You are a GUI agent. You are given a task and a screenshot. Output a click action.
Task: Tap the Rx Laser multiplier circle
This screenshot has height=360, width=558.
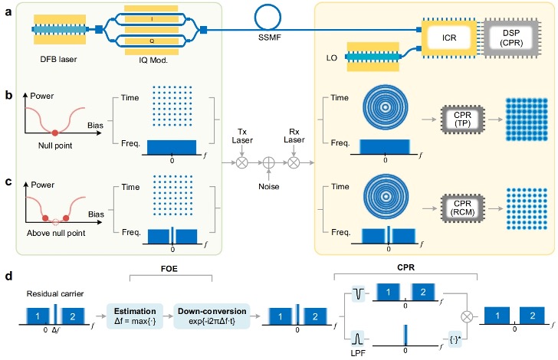coord(293,163)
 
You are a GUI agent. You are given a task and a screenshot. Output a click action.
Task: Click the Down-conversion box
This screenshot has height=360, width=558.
coord(212,315)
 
